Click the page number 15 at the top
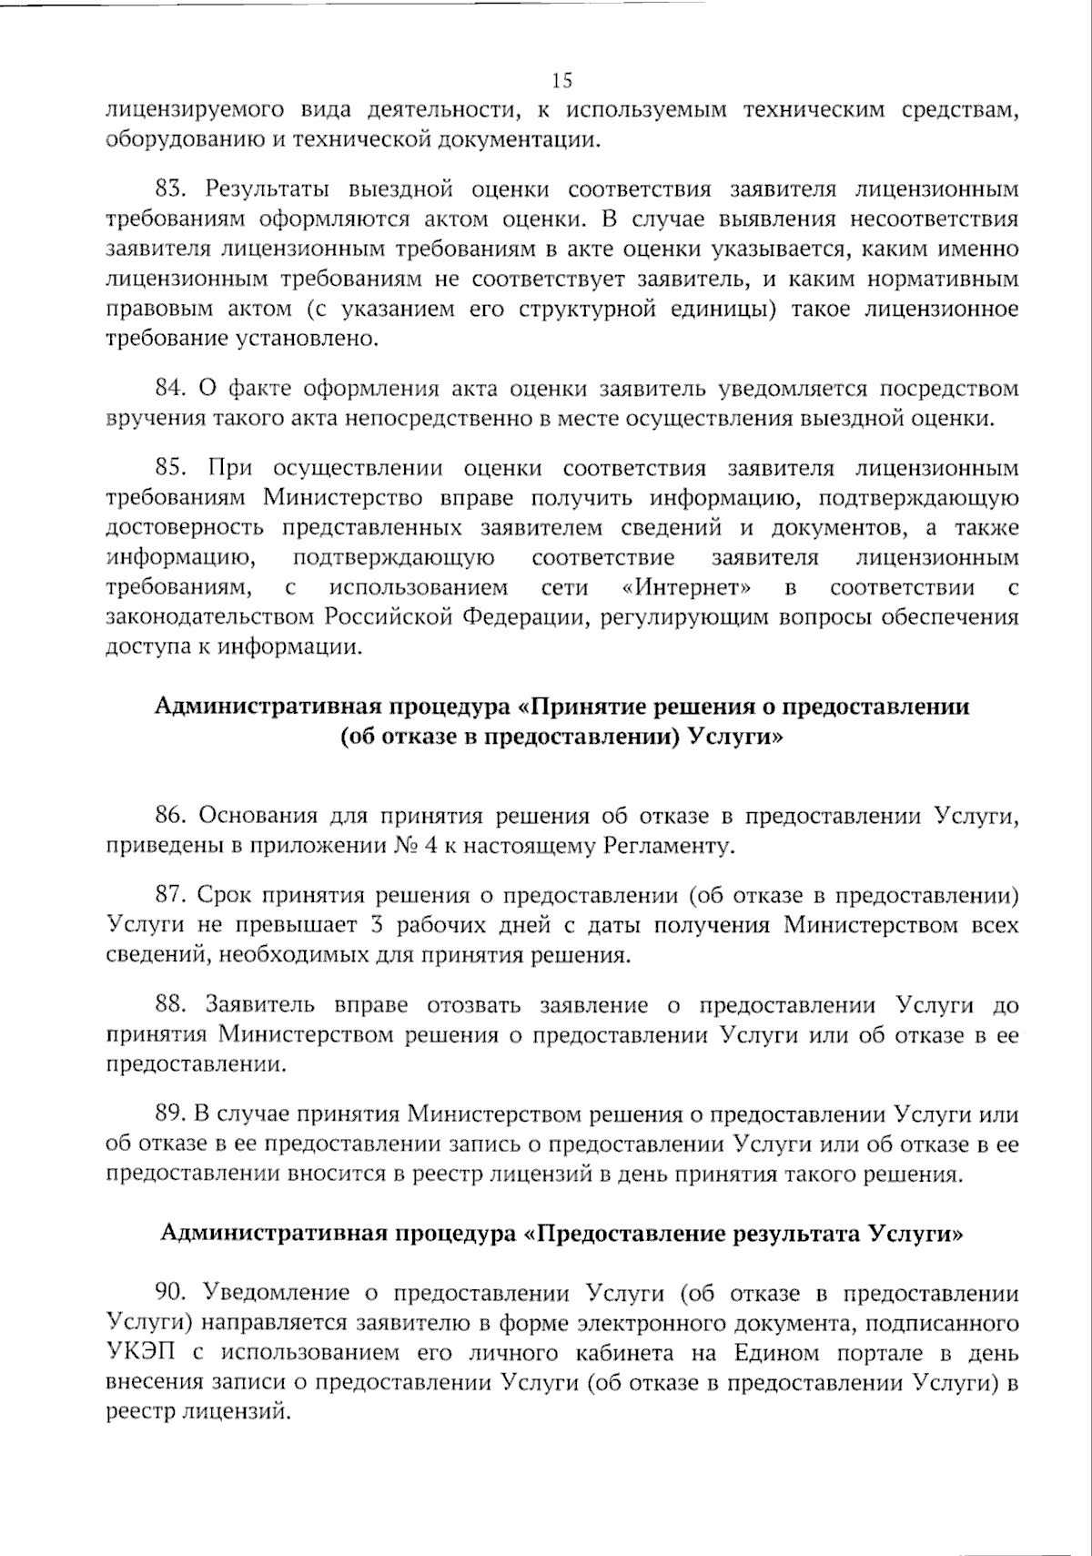click(x=561, y=80)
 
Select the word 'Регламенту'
click(x=668, y=845)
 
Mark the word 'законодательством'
click(x=211, y=617)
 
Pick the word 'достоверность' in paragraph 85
click(x=185, y=528)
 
